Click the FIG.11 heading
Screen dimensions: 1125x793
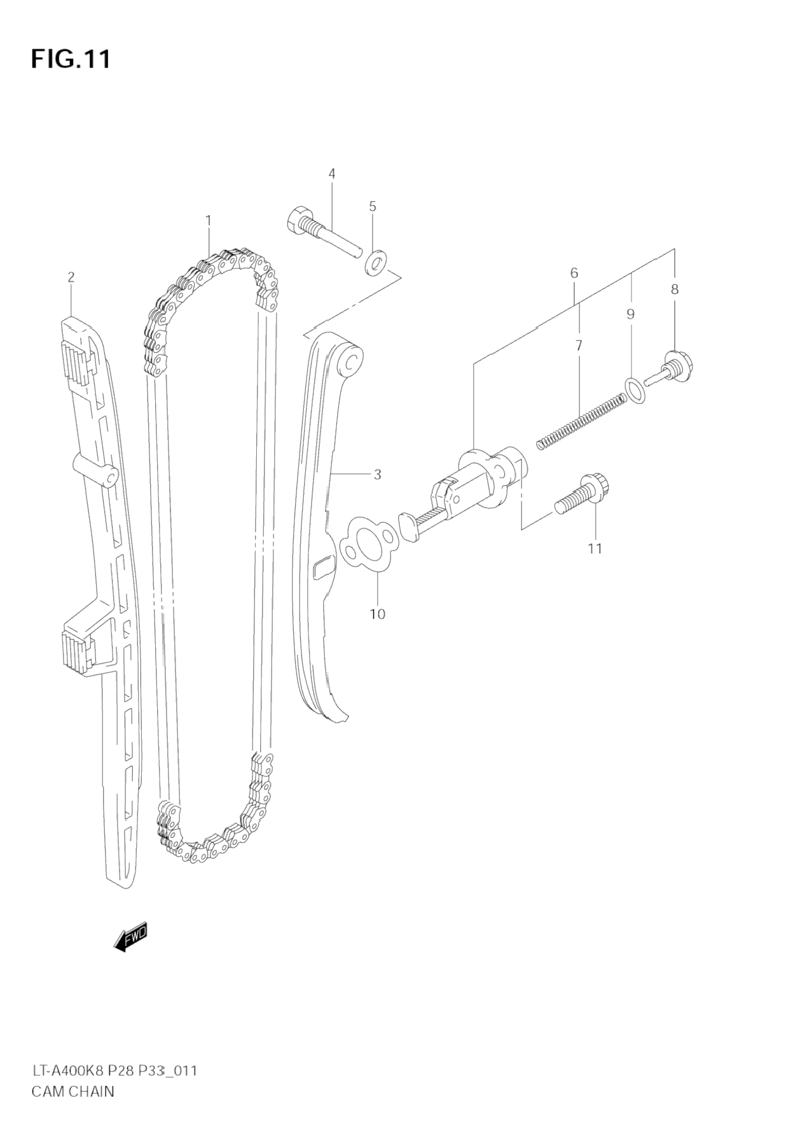pos(71,59)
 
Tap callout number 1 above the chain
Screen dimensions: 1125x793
pos(208,220)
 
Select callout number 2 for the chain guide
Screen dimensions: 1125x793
pos(71,277)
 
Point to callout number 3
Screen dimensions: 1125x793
pos(377,474)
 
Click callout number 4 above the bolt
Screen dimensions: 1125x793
pos(332,173)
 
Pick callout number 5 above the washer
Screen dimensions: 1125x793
pos(373,206)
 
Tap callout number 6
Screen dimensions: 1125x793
pos(574,273)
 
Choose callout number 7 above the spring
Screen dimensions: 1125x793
pos(579,346)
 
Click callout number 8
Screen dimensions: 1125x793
pos(675,289)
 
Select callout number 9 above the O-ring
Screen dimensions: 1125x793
pos(630,314)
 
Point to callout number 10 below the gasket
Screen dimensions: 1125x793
pos(377,614)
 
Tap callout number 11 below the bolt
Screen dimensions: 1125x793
pos(595,548)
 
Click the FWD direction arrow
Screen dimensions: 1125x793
pos(131,937)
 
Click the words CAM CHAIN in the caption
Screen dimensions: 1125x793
pos(72,1091)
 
